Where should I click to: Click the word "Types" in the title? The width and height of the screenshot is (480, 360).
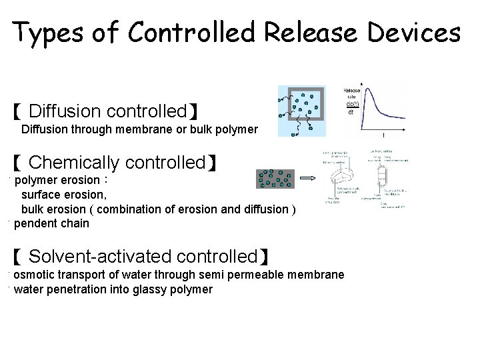(45, 32)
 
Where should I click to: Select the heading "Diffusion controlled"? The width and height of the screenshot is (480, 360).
(107, 111)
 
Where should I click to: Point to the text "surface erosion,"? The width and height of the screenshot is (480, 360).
(63, 195)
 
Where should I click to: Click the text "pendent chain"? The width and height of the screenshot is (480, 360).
(51, 223)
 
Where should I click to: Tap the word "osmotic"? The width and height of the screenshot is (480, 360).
(33, 275)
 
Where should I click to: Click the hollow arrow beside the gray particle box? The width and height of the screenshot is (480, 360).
(308, 179)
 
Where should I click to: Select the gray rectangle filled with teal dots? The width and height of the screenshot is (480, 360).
(275, 179)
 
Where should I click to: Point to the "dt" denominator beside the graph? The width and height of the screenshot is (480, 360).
(351, 112)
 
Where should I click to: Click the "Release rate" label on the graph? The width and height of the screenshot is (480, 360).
(351, 94)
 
